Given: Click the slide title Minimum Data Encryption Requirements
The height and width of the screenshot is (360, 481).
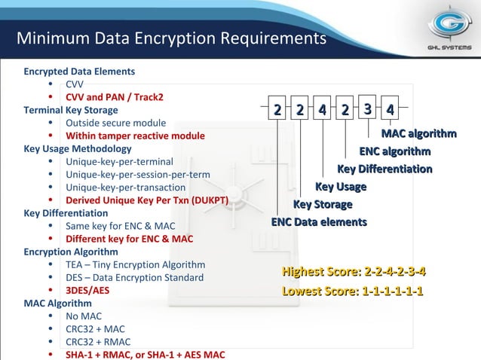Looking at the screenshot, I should (171, 38).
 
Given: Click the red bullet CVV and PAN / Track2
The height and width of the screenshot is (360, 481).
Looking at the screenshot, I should (114, 97).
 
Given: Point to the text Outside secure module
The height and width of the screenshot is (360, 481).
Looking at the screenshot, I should (115, 123).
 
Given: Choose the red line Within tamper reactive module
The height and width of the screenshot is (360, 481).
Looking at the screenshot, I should (135, 136).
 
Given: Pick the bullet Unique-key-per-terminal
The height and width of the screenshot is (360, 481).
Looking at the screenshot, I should (119, 161).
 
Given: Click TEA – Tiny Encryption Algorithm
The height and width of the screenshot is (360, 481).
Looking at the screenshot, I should (135, 265).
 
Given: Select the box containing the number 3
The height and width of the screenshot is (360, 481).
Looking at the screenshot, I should (366, 109).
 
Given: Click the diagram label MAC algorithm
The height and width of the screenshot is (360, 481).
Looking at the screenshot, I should (418, 134).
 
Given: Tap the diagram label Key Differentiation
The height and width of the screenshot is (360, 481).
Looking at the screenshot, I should (384, 169).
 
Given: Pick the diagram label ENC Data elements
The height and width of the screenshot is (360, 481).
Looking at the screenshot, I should (319, 222).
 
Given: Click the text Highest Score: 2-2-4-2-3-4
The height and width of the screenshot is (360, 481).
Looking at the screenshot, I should (354, 272).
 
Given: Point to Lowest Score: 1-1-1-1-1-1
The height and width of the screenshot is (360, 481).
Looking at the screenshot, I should (352, 291).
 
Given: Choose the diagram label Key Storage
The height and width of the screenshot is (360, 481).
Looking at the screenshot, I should (323, 205).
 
